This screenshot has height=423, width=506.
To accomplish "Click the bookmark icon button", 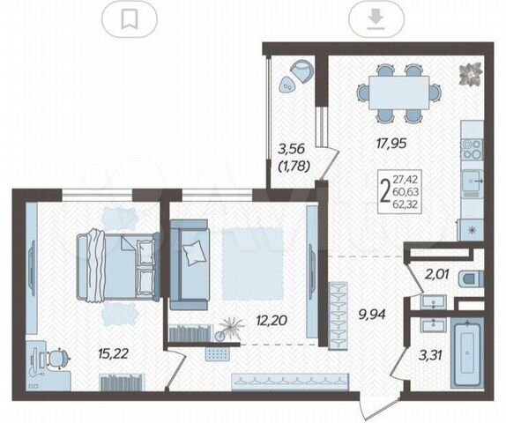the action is point(130,19).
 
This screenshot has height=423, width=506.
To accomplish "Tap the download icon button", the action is point(376,19).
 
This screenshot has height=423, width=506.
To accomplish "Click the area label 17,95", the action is point(391,143).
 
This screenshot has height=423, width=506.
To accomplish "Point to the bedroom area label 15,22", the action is point(113,353).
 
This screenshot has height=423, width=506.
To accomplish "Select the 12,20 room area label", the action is point(272,320).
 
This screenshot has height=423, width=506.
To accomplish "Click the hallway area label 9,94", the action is point(372,314).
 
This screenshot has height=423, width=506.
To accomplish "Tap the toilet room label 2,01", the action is point(436,275).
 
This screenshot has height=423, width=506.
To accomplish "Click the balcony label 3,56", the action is point(292,149).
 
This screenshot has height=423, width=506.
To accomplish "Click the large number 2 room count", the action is point(385,190).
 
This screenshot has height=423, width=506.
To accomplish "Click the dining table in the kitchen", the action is point(398,93).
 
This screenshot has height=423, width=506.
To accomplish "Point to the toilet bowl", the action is point(472,278).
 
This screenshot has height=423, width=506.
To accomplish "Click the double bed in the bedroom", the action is point(118,266).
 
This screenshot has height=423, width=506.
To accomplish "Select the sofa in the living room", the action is point(190,265).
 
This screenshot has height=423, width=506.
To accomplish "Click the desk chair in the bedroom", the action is point(58,358).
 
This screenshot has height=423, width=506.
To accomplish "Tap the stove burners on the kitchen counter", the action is point(472,150).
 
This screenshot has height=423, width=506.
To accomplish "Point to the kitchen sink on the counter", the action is point(473,181).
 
